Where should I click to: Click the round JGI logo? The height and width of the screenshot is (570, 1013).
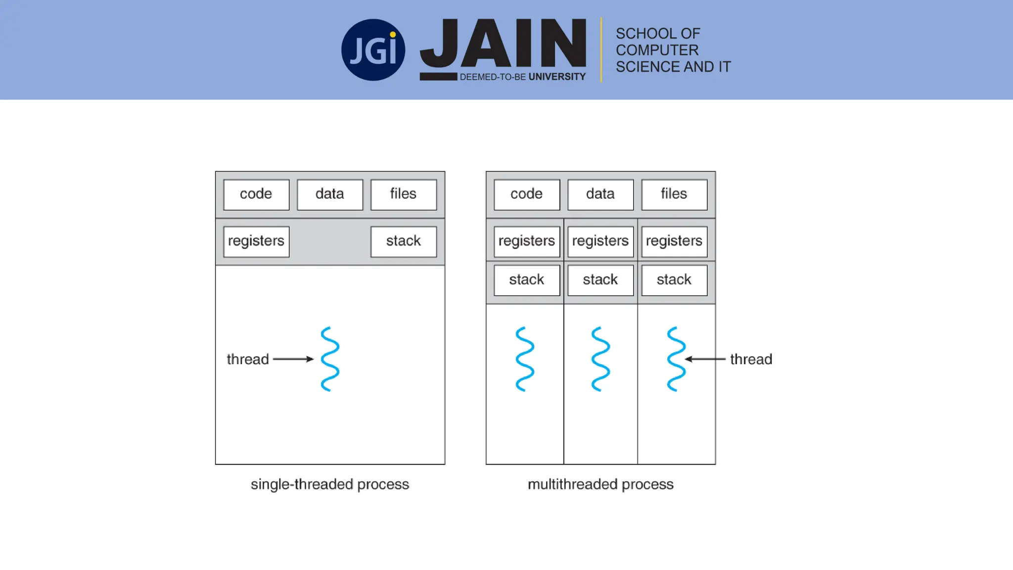373,50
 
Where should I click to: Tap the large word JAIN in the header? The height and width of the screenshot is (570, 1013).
503,44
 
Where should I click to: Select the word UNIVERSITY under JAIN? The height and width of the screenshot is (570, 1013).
557,77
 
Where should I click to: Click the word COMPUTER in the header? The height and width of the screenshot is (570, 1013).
657,50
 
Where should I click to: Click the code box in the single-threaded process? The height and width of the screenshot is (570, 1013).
256,194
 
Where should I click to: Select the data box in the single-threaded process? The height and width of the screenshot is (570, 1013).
330,194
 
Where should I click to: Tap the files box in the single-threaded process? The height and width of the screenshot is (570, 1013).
404,194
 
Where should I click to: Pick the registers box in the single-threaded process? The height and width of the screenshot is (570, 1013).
256,241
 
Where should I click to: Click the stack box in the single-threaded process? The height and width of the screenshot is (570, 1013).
404,241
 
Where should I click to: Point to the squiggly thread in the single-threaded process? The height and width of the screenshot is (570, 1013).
330,359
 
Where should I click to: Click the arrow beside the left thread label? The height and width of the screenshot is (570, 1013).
293,359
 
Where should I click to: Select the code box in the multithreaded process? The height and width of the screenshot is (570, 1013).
527,194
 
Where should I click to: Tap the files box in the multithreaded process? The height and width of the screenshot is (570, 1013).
674,194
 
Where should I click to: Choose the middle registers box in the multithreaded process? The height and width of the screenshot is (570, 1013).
600,241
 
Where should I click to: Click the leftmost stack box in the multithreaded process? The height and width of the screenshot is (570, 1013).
527,280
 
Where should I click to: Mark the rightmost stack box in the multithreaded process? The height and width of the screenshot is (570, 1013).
674,280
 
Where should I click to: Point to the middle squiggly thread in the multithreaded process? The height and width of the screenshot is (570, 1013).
600,359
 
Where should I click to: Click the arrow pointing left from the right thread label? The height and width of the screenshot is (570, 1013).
705,359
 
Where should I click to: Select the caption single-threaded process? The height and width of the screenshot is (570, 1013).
330,484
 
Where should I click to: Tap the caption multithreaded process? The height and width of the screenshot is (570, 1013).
600,484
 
